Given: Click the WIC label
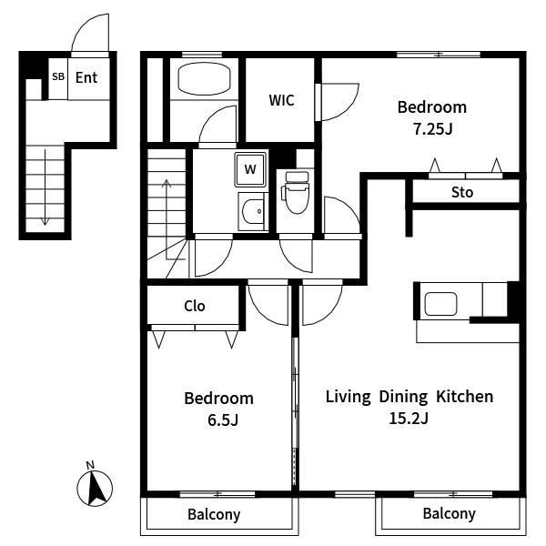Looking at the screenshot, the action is pyautogui.click(x=281, y=100).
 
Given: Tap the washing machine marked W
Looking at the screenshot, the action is pyautogui.click(x=250, y=169).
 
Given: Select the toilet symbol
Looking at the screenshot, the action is pyautogui.click(x=297, y=192).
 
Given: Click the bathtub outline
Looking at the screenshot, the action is pyautogui.click(x=205, y=78).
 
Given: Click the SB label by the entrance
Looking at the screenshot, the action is pyautogui.click(x=58, y=76).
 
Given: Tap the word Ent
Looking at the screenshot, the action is pyautogui.click(x=86, y=77).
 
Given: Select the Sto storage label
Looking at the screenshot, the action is pyautogui.click(x=462, y=192).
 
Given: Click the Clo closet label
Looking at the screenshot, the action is pyautogui.click(x=195, y=306).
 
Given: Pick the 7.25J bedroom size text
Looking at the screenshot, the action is pyautogui.click(x=432, y=129).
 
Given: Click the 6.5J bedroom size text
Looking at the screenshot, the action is pyautogui.click(x=223, y=420).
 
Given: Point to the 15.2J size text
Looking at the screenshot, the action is pyautogui.click(x=408, y=419).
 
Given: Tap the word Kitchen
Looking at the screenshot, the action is pyautogui.click(x=465, y=397).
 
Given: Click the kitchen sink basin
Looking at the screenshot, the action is pyautogui.click(x=440, y=304).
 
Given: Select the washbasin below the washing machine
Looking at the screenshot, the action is pyautogui.click(x=253, y=211).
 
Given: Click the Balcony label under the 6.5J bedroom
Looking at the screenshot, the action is pyautogui.click(x=214, y=515).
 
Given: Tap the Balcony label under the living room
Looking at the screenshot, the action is pyautogui.click(x=450, y=514).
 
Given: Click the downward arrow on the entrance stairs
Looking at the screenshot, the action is pyautogui.click(x=45, y=187).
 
